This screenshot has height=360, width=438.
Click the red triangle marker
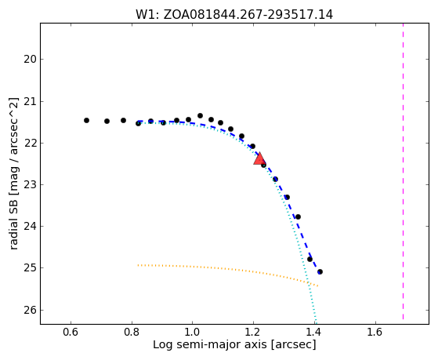pos(259,159)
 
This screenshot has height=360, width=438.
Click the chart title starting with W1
pos(234,15)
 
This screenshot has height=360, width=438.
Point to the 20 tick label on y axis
pos(30,60)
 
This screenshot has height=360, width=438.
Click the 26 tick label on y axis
pos(30,311)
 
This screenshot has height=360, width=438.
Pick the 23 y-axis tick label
pos(30,185)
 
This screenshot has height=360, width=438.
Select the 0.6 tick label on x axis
pos(71,332)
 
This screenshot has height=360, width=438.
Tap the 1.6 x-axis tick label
pos(375,332)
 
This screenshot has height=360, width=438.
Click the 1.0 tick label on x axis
pos(193,332)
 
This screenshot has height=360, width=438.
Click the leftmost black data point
pos(87,120)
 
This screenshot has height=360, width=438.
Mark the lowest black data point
pos(320,271)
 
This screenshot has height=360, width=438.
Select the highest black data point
pos(200,115)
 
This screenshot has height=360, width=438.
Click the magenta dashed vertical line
pos(403,171)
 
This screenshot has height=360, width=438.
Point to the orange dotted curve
pos(229,269)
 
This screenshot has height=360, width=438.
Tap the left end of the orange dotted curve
pos(138,265)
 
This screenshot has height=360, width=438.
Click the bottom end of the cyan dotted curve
pos(316,323)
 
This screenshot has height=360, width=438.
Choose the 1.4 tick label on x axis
pos(314,332)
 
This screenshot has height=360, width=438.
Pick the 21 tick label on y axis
pos(30,101)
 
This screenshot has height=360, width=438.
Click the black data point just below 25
pos(320,271)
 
